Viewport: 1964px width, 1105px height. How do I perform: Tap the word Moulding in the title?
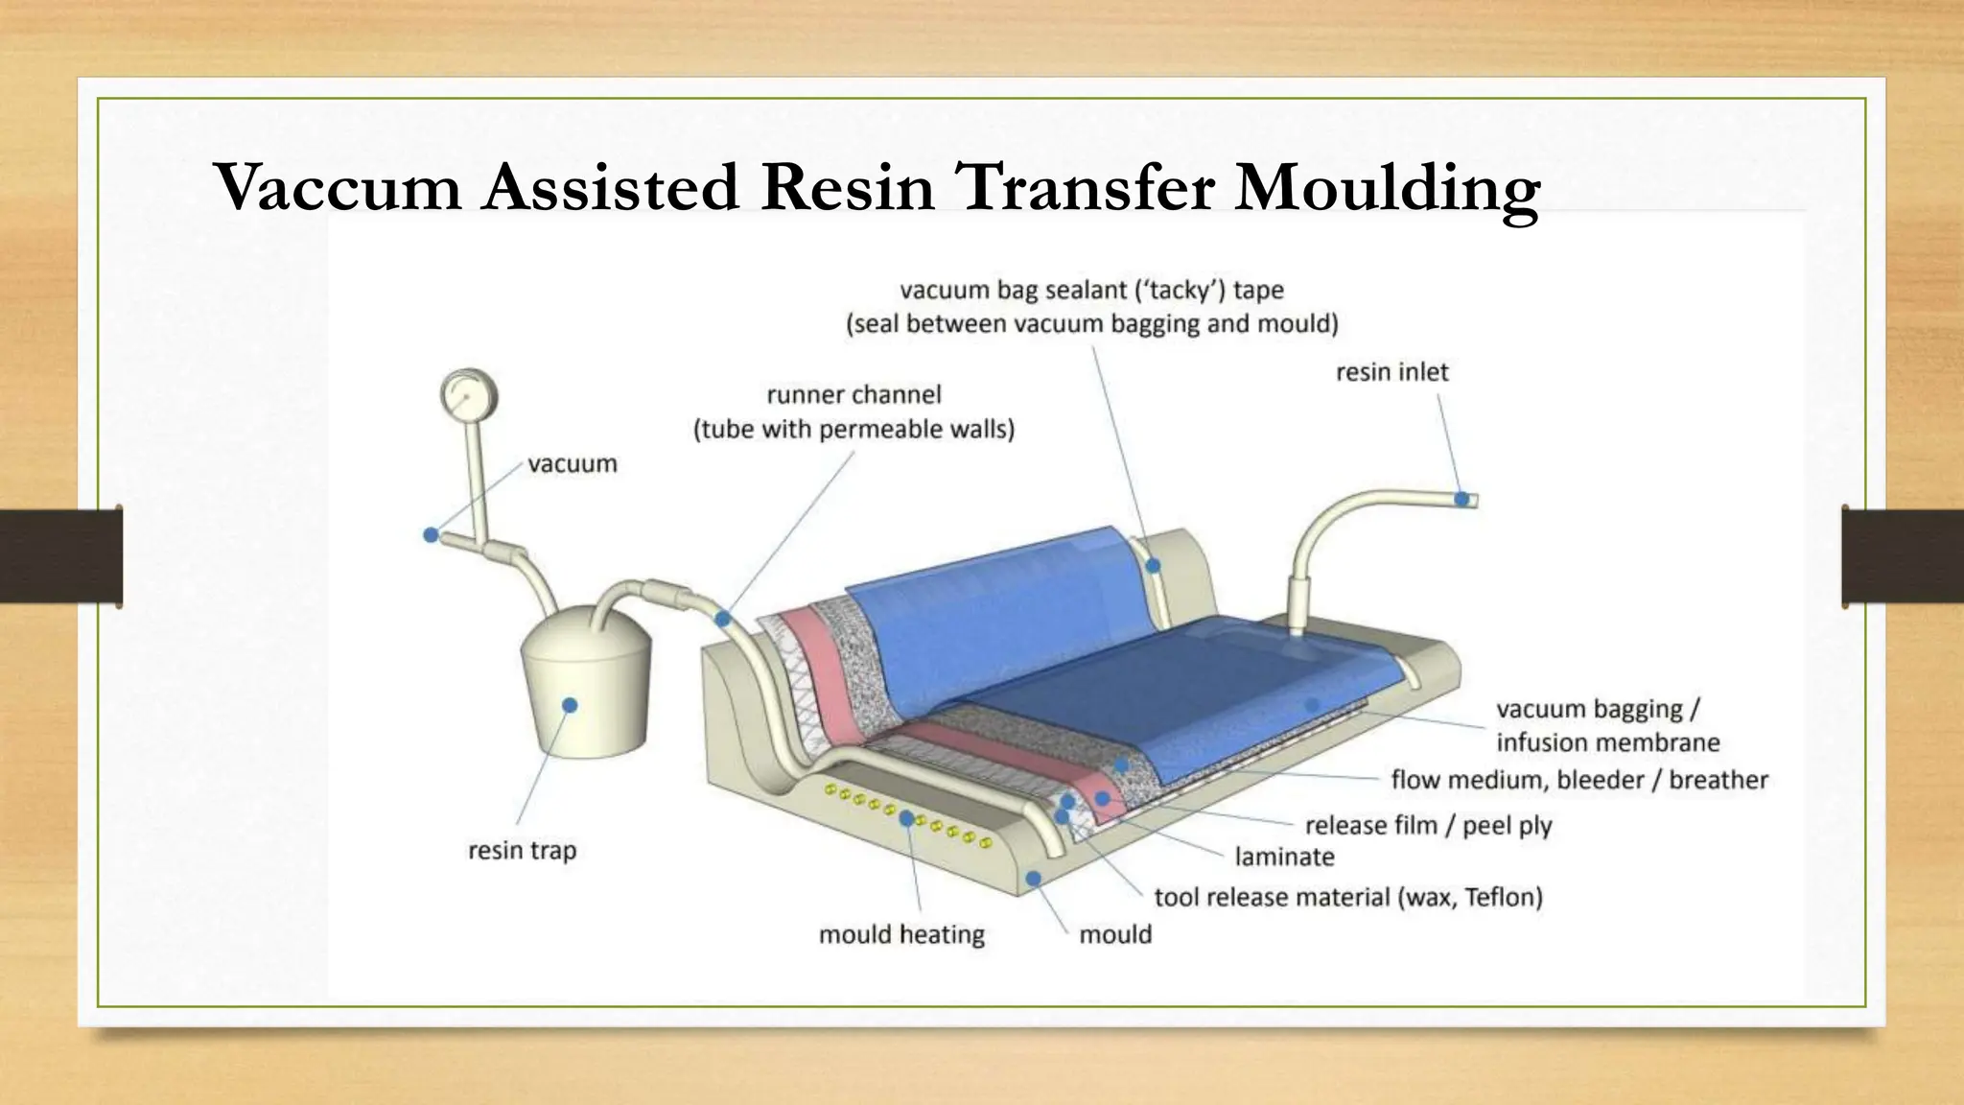point(1387,188)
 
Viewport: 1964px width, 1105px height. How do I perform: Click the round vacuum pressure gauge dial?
point(469,395)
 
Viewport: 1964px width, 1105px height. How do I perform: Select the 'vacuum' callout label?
point(573,464)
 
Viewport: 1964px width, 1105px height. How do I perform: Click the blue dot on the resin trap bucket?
point(570,705)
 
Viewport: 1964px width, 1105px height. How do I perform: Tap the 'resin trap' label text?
point(523,851)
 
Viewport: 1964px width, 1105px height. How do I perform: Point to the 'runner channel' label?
point(853,395)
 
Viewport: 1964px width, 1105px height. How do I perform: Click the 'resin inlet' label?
point(1391,372)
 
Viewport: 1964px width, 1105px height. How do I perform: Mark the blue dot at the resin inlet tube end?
point(1461,499)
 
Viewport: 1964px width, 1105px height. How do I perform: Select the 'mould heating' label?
point(901,934)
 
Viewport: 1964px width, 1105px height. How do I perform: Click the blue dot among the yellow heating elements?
point(906,818)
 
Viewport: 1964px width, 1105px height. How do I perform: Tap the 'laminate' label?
point(1284,857)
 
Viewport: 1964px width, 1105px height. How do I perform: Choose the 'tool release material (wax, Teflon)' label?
point(1348,898)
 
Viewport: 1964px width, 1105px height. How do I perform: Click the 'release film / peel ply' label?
point(1428,826)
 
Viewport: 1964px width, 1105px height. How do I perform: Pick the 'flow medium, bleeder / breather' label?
point(1578,780)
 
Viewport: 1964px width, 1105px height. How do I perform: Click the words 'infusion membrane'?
point(1607,742)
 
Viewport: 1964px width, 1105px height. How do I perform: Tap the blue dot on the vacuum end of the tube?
point(431,534)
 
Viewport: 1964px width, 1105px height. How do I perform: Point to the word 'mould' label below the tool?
point(1115,934)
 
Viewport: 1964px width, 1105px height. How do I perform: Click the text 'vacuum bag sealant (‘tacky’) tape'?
point(1091,290)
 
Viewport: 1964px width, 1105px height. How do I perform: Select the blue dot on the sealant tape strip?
point(1154,566)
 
